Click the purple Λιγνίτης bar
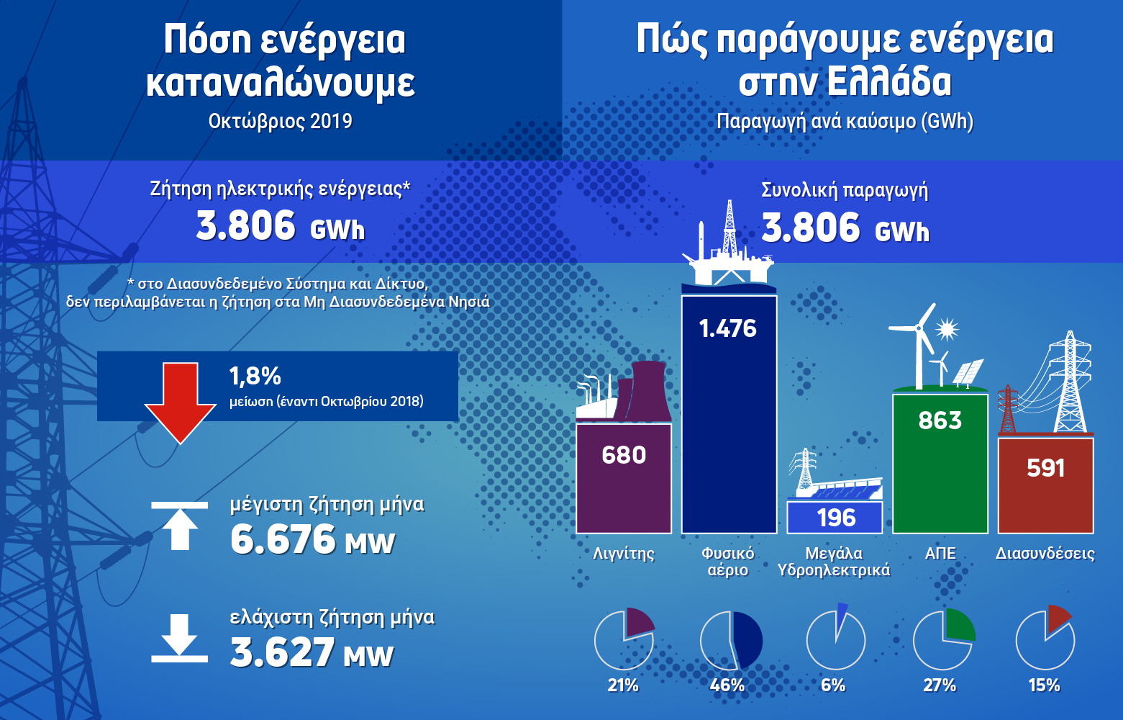624,479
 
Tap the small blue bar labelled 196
835,517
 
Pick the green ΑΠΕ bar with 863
940,464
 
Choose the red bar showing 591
1045,486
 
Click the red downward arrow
180,400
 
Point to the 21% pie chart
624,639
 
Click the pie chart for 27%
943,640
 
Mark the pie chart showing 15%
1045,639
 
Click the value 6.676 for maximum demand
283,539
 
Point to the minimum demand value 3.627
282,652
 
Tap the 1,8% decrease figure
255,376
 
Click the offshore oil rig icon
728,248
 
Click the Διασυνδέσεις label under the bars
1045,554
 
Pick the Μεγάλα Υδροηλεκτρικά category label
834,562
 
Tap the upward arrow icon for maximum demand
179,526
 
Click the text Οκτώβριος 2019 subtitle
281,120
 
